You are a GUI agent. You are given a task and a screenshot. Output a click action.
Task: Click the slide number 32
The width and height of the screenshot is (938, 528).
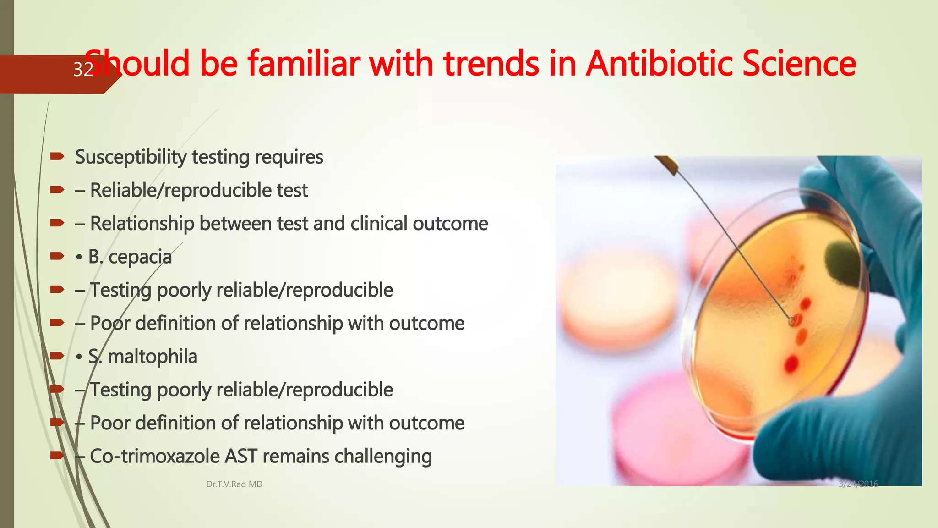[x=83, y=70]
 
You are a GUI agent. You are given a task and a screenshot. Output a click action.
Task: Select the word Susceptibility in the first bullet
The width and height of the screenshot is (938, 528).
[x=131, y=157]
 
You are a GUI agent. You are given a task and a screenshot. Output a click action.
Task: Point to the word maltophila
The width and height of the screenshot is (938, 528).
[x=153, y=357]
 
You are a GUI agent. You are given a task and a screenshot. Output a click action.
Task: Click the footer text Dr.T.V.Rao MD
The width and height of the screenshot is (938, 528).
[x=234, y=484]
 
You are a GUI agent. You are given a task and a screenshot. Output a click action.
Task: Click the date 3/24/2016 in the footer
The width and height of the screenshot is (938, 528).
[x=858, y=484]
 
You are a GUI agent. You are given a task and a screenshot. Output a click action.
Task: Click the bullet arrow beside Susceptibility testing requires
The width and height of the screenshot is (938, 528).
[x=57, y=157]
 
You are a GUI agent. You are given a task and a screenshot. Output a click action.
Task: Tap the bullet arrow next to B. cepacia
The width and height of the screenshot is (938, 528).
[x=57, y=256]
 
